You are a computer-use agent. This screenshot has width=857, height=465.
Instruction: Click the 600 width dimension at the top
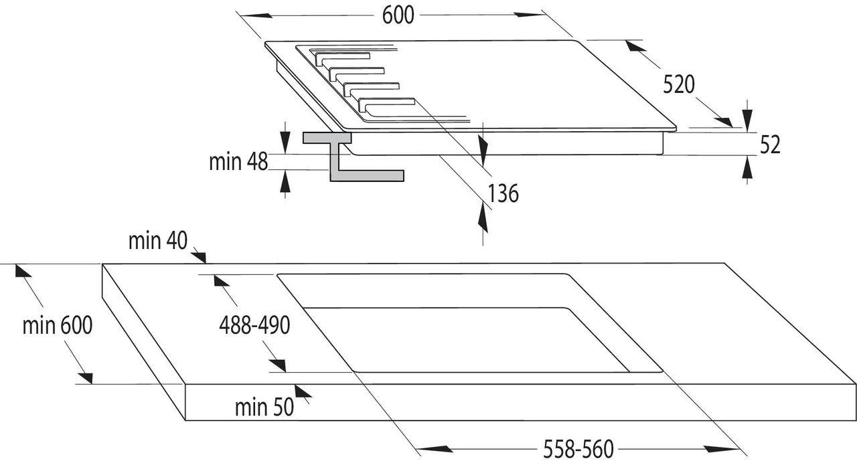coord(398,15)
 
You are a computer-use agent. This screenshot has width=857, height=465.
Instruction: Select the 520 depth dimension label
coord(679,84)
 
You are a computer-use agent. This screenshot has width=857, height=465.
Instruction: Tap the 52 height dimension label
coord(770,145)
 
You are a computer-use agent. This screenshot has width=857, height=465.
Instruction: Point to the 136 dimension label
coord(503,193)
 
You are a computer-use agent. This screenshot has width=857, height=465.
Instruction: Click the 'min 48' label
coord(238,162)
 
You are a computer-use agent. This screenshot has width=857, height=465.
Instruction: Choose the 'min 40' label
coord(158,241)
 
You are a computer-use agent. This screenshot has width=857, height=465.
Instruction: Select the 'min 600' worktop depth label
coord(58,326)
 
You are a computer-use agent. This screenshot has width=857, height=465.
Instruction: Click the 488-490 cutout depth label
coord(254,326)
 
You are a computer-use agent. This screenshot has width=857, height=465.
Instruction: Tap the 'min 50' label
coord(264,407)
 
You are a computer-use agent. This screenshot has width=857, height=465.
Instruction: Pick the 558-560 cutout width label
coord(578,450)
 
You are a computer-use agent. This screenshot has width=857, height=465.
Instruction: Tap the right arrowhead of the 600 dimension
coord(529,15)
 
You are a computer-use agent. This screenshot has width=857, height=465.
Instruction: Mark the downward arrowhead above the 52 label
coord(747,120)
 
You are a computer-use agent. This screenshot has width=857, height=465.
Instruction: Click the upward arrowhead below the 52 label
coord(747,167)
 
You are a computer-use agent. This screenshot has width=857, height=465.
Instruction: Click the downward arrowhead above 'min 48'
coord(285,143)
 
